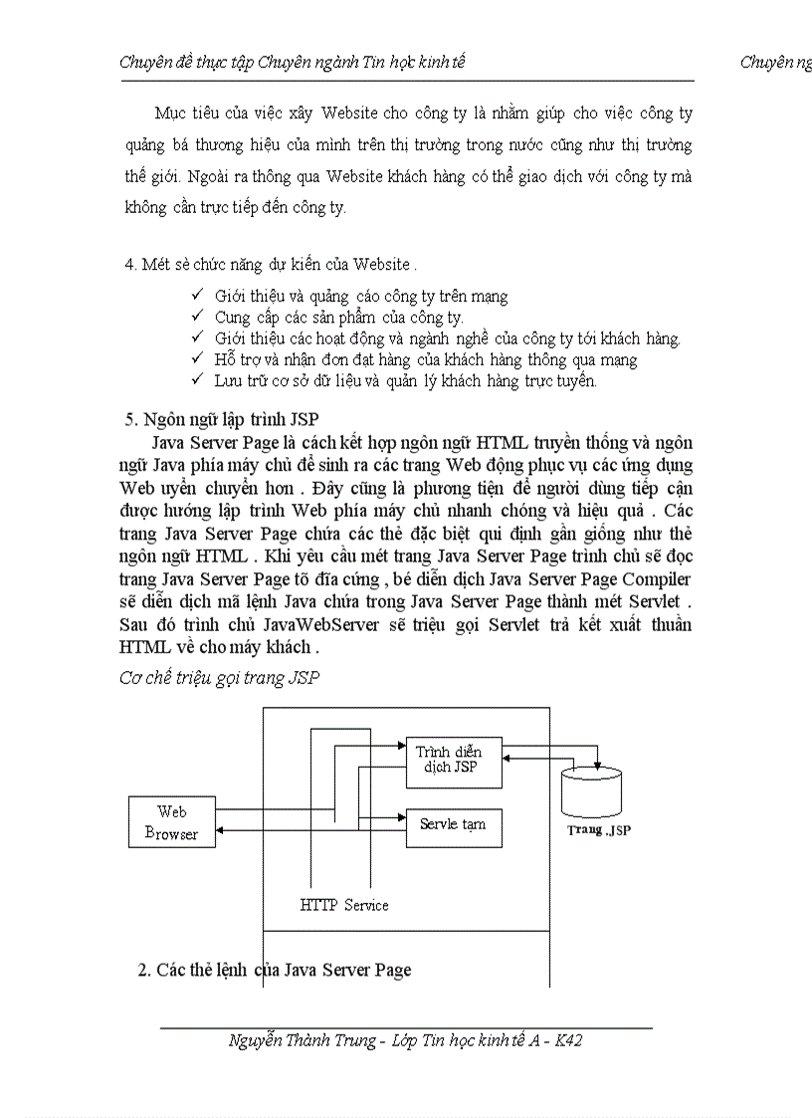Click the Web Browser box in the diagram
click(x=171, y=822)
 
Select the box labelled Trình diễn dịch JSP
click(x=454, y=760)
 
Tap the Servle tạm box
click(x=453, y=826)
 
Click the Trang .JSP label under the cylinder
click(x=599, y=830)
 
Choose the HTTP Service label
click(x=344, y=905)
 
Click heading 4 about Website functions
click(x=270, y=264)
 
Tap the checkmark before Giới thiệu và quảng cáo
click(x=196, y=296)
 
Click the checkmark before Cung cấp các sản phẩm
click(x=196, y=317)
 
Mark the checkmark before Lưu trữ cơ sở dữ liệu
click(x=196, y=380)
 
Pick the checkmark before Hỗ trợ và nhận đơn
click(x=196, y=359)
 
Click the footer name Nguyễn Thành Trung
click(x=302, y=1040)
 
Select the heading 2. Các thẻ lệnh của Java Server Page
click(x=274, y=970)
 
